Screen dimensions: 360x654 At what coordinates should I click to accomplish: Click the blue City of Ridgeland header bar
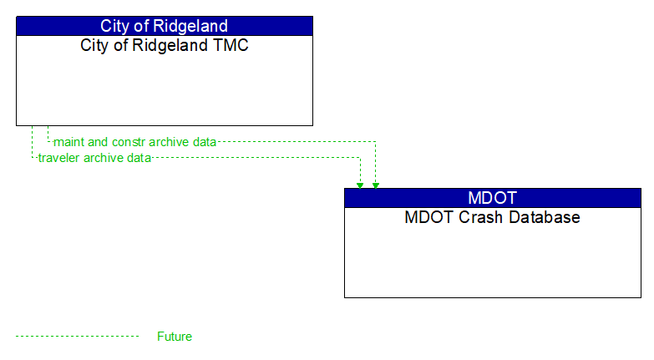165,26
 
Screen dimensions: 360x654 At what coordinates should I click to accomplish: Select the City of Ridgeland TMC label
165,45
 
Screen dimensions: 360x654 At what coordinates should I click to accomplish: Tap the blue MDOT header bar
492,198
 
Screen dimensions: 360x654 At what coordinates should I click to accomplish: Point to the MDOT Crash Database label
492,217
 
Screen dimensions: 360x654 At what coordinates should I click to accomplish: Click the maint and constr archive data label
134,142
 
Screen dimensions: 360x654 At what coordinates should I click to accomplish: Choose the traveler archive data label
94,158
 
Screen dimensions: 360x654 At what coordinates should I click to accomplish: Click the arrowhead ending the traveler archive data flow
360,185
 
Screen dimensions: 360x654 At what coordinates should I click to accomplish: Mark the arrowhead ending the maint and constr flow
376,185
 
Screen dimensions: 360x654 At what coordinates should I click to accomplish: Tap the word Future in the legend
175,337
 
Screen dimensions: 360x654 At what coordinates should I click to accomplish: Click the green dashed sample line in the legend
77,337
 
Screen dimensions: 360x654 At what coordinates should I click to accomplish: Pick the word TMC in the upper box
231,45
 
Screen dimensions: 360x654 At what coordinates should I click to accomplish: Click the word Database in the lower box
542,217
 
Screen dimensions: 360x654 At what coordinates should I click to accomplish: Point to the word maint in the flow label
68,142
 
